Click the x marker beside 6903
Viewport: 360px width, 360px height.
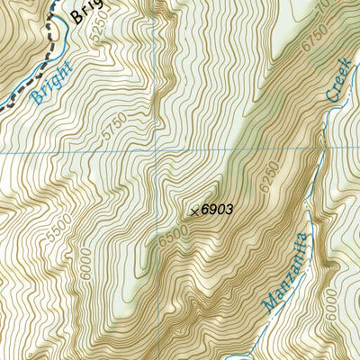(x=194, y=211)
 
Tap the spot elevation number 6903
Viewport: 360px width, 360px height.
(x=217, y=210)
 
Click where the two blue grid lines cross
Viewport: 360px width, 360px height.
(x=163, y=151)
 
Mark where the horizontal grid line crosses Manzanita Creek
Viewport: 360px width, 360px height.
(x=323, y=148)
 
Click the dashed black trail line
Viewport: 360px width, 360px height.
(x=55, y=36)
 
